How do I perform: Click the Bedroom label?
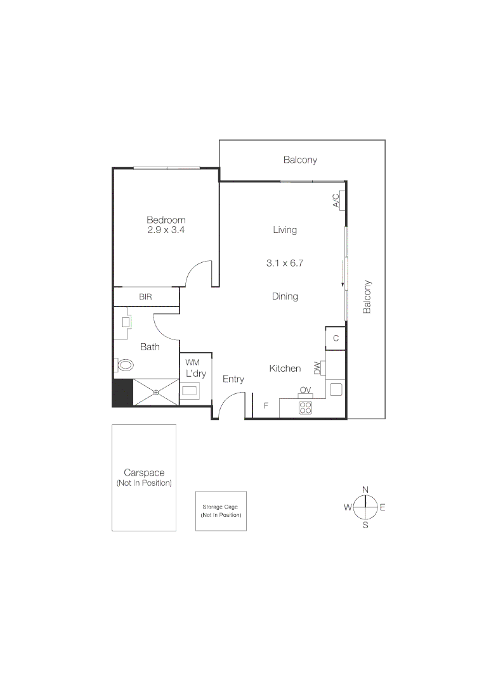[166, 220]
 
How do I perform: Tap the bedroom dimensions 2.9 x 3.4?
[166, 230]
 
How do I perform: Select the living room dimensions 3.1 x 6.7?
[285, 263]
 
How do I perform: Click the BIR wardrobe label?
[145, 296]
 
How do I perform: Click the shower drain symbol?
[156, 393]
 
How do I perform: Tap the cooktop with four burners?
[305, 408]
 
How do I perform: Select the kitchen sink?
[336, 389]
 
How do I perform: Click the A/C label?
[336, 201]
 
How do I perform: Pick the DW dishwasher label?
[318, 368]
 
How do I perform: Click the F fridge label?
[266, 406]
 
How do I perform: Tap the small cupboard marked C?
[336, 338]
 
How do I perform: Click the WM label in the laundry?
[193, 362]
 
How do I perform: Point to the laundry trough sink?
[190, 390]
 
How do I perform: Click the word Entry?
[233, 379]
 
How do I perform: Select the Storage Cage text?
[220, 507]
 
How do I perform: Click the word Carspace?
[144, 472]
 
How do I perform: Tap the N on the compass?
[365, 490]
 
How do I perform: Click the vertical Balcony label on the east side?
[367, 296]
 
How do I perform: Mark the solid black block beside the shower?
[123, 393]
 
